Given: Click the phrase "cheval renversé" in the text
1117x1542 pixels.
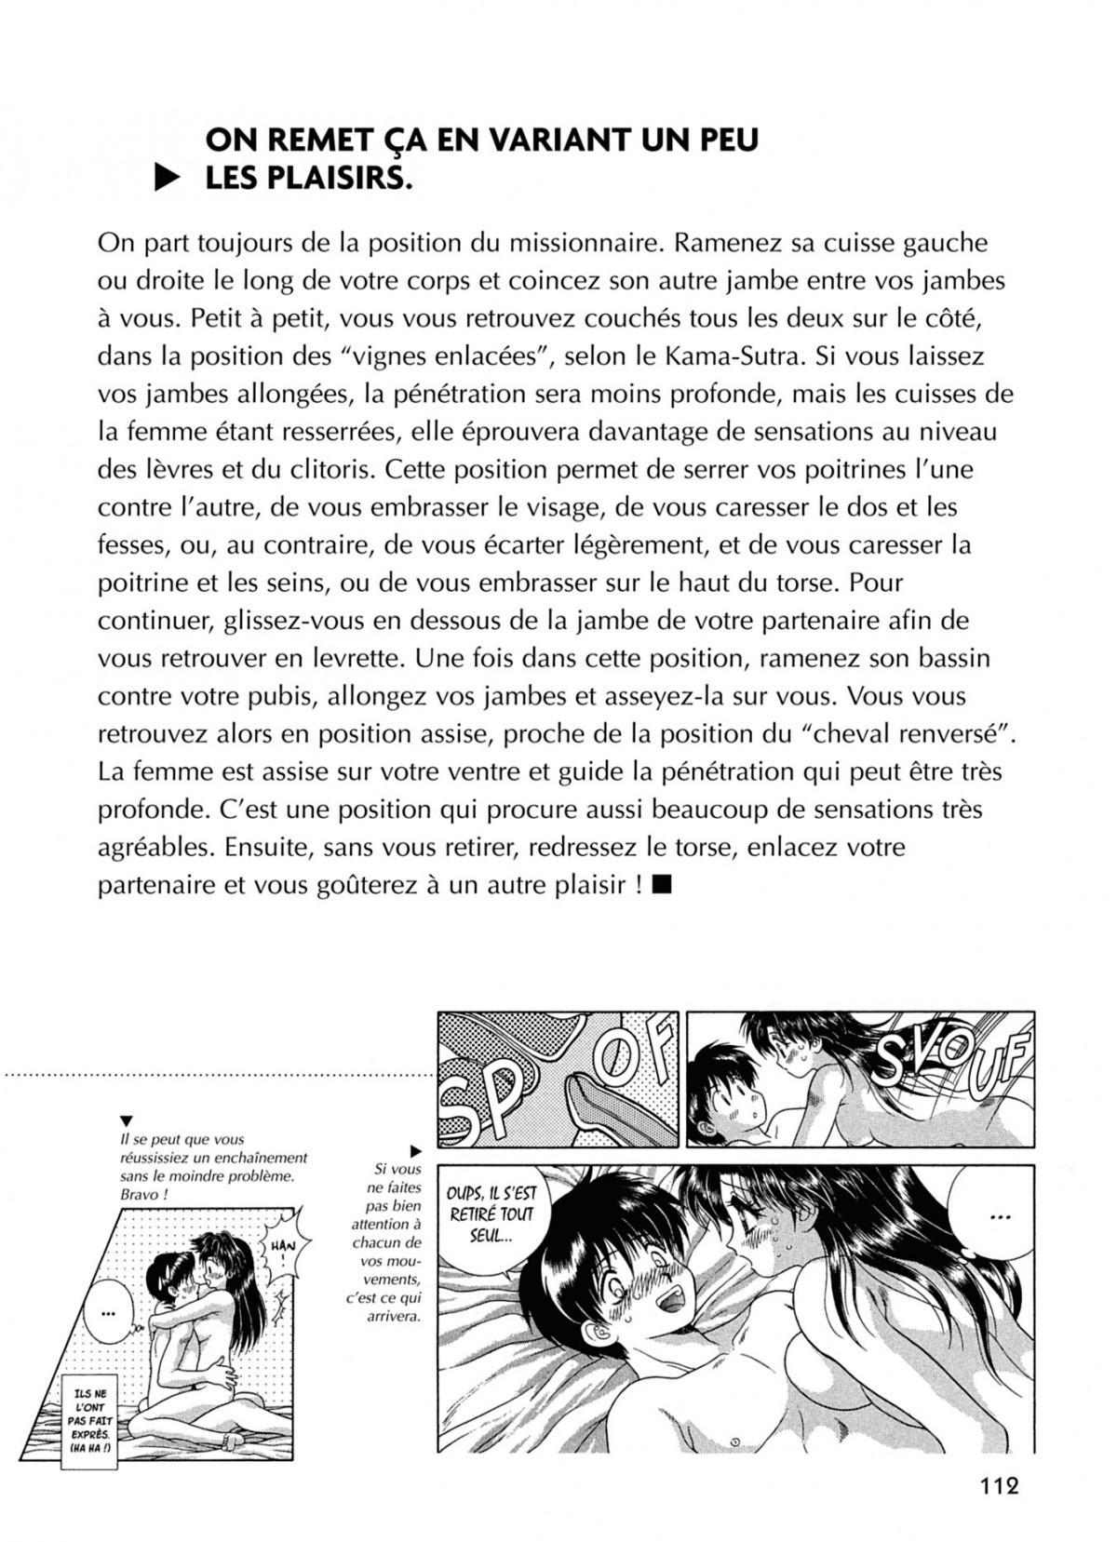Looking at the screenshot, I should tap(920, 733).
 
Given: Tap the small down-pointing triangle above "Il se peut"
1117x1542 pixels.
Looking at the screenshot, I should tap(126, 1120).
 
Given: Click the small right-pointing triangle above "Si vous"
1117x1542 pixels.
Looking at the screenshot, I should tap(415, 1151).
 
